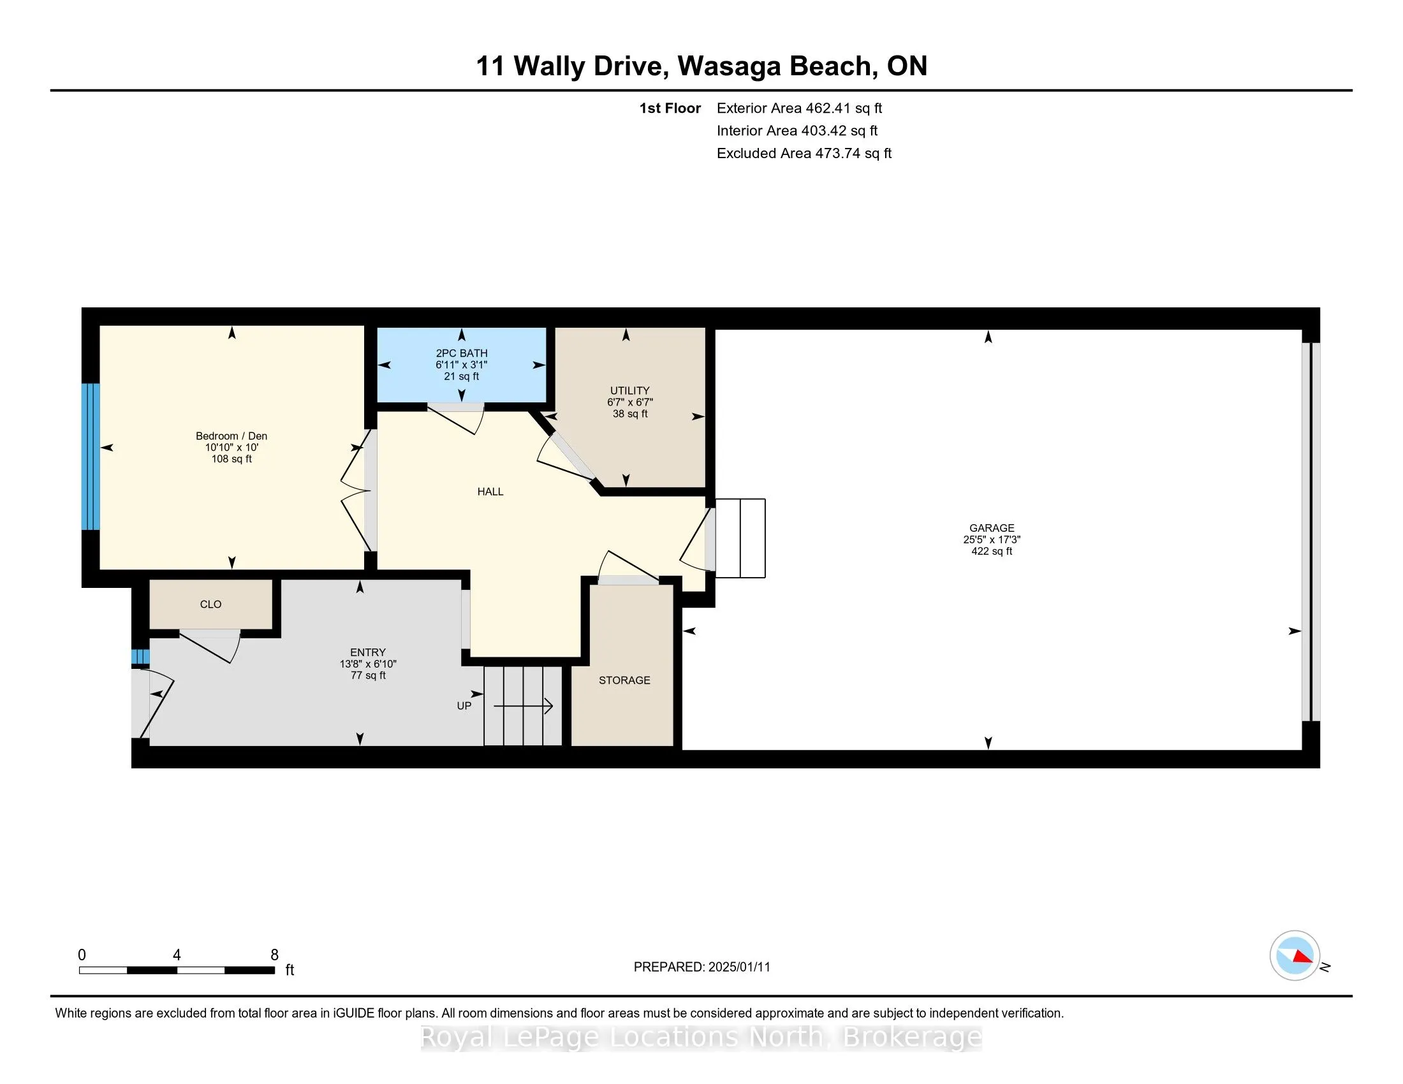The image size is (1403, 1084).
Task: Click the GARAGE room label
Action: [991, 528]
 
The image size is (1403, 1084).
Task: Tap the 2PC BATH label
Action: [461, 353]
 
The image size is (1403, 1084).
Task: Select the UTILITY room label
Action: [629, 390]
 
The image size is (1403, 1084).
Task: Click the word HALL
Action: [490, 492]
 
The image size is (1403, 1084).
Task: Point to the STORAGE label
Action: [624, 680]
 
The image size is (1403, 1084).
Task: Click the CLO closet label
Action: [210, 604]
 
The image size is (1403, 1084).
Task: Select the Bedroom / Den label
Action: [231, 436]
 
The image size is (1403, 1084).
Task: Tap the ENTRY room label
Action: [367, 652]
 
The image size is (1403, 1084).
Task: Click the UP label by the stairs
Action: [464, 706]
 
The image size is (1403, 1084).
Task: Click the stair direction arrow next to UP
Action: [523, 707]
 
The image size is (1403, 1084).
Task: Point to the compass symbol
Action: [1295, 956]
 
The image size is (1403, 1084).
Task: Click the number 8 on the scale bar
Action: [274, 955]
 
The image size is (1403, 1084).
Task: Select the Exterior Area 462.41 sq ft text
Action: [799, 108]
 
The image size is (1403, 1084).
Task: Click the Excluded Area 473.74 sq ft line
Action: [804, 154]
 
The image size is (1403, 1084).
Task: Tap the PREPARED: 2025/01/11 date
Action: [701, 967]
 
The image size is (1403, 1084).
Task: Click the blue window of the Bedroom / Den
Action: [91, 456]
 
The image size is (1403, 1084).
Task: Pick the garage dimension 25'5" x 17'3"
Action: [991, 540]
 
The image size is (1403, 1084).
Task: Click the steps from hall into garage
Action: [740, 538]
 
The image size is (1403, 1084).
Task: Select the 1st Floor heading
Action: [670, 108]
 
